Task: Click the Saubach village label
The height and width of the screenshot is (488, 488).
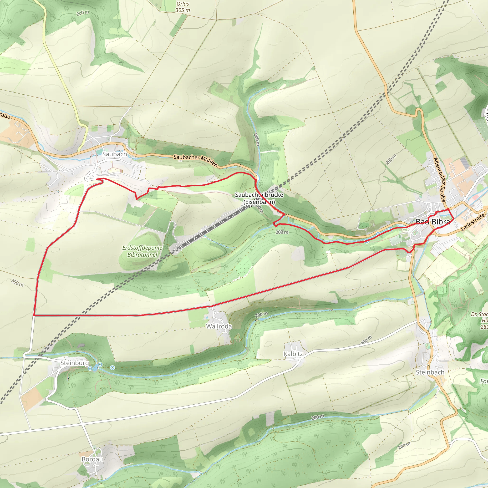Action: coord(114,154)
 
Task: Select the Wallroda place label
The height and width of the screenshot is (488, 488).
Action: coord(219,326)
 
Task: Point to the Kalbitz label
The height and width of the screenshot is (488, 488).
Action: coord(293,354)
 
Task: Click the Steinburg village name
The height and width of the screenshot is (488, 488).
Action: coord(75,363)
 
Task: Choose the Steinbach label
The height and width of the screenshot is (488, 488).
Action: coord(430,372)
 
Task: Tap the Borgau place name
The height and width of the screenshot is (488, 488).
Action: coord(92,459)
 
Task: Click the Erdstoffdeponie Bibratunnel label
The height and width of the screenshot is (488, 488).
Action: coord(142,251)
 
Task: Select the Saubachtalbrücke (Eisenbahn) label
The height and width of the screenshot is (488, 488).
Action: coord(259,198)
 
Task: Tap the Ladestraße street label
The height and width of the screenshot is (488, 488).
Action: coord(473,222)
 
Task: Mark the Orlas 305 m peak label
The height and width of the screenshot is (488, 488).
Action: coord(183,7)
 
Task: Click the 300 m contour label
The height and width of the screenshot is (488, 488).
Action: coord(17,283)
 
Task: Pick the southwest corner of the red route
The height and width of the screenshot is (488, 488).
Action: coord(34,315)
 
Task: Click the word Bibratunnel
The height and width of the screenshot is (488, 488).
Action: coord(142,255)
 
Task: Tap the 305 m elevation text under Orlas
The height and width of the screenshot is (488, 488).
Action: coord(183,10)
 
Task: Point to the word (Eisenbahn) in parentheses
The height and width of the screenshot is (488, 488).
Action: coord(259,202)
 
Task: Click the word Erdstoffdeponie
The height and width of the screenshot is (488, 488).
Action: coord(142,248)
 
